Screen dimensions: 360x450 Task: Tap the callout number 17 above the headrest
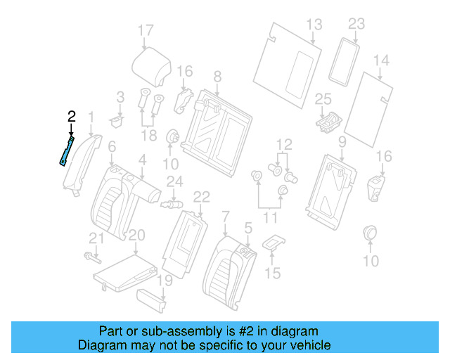(x=145, y=30)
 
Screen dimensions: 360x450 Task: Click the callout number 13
(x=313, y=25)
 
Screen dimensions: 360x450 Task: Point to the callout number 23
(x=356, y=24)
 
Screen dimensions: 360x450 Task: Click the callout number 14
(x=380, y=60)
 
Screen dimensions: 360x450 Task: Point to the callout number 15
(x=272, y=272)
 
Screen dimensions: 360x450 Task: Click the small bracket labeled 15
(x=273, y=243)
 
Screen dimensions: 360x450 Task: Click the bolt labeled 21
(x=91, y=256)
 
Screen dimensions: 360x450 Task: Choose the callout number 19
(x=164, y=281)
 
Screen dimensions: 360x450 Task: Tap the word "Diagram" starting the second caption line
(x=100, y=345)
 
